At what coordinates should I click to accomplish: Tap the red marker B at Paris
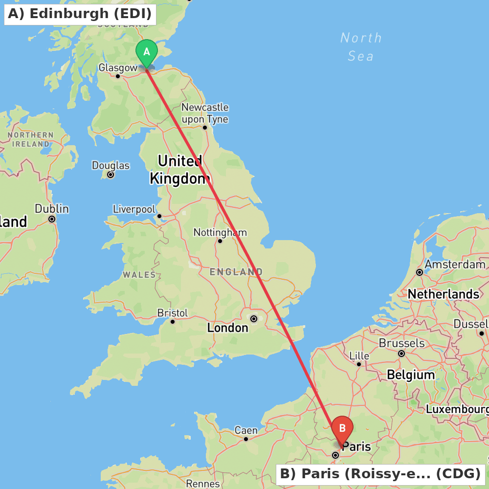[x=342, y=429]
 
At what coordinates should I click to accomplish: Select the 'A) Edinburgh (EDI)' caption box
[x=80, y=14]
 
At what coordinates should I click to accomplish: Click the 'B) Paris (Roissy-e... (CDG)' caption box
[x=380, y=474]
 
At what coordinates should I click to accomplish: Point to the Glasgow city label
[x=118, y=68]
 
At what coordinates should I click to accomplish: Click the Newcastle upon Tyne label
[x=205, y=113]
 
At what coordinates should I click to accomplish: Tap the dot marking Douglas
[x=111, y=175]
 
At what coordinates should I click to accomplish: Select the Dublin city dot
[x=52, y=219]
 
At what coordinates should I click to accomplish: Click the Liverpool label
[x=134, y=209]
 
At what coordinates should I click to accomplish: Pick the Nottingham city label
[x=220, y=232]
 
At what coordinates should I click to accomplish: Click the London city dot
[x=254, y=319]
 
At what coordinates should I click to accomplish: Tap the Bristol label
[x=172, y=312]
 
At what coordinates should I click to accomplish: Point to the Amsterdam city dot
[x=419, y=272]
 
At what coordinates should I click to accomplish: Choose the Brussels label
[x=401, y=343]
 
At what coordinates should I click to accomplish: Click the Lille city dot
[x=359, y=364]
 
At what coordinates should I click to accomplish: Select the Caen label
[x=246, y=430]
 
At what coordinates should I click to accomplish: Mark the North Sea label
[x=361, y=47]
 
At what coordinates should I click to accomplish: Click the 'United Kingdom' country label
[x=180, y=169]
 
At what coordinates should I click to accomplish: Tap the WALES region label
[x=139, y=275]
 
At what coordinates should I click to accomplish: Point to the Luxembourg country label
[x=457, y=409]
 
